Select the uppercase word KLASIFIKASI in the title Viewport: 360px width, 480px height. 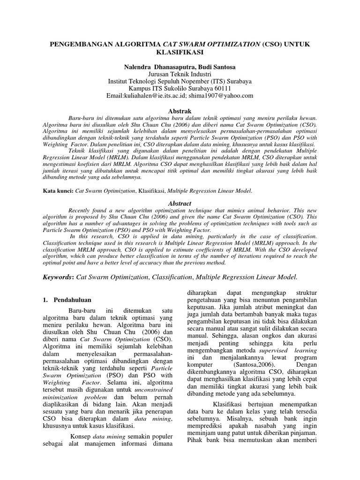point(180,52)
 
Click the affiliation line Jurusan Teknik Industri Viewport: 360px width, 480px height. point(180,74)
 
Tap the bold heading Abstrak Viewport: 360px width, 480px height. point(180,111)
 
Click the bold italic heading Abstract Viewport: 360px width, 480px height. point(180,203)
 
